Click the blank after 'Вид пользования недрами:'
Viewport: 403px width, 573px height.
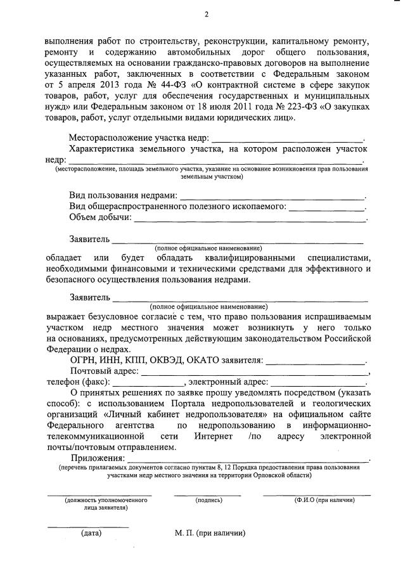point(272,197)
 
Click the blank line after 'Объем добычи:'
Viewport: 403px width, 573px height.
point(250,219)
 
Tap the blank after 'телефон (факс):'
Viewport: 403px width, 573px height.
point(148,383)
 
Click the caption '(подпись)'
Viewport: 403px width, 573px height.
point(208,500)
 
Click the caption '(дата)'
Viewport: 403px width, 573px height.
point(91,533)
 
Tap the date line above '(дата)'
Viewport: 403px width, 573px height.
point(88,527)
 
